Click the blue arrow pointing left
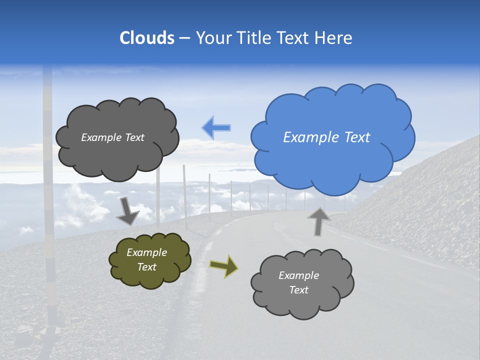pos(216,128)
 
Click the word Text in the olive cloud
pos(147,267)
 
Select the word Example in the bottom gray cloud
pos(298,275)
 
